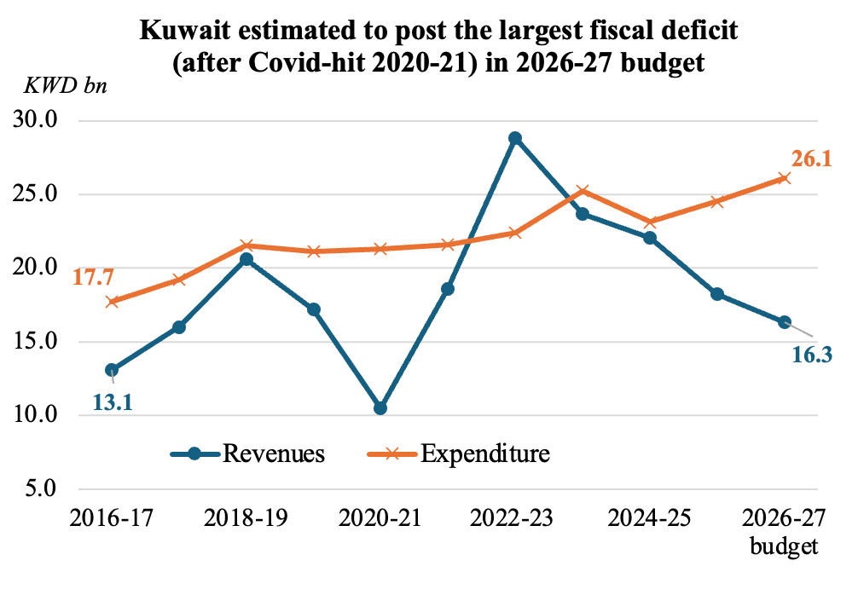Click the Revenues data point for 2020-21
tap(380, 408)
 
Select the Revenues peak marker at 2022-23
tap(515, 138)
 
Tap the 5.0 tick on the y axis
tap(41, 489)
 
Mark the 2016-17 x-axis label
tap(112, 518)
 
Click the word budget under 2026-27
tap(784, 545)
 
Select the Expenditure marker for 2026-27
tap(784, 178)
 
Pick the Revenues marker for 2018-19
tap(246, 259)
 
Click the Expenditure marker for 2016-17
tap(112, 302)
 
